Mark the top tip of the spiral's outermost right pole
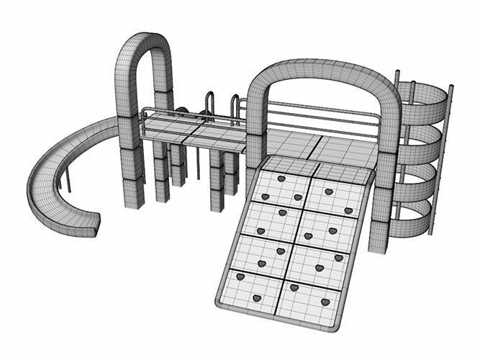coord(451,87)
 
